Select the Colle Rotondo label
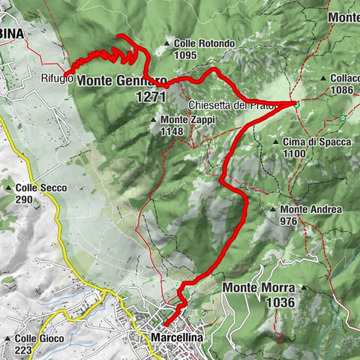click(206, 43)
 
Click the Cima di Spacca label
click(312, 142)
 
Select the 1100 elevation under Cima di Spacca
click(295, 153)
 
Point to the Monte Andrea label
click(311, 209)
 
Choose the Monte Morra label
click(259, 287)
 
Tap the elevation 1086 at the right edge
click(340, 89)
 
